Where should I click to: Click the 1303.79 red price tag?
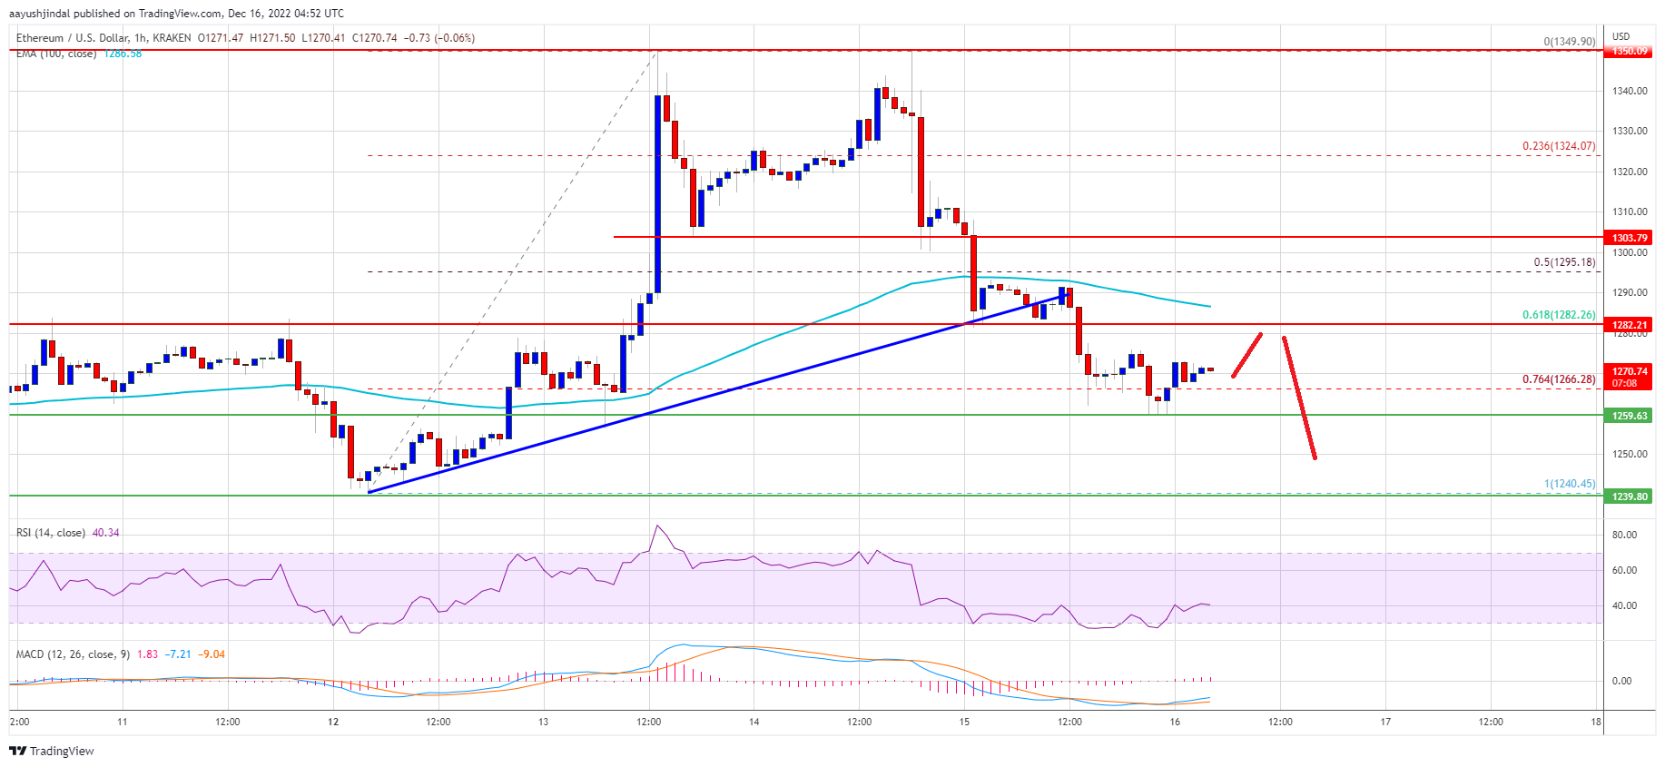[x=1630, y=238]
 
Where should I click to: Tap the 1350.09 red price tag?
[x=1630, y=51]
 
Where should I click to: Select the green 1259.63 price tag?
[x=1630, y=416]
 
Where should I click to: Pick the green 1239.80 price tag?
[x=1630, y=497]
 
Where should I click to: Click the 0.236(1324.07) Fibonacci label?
[x=1558, y=146]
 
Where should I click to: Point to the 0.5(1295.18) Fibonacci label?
[x=1563, y=262]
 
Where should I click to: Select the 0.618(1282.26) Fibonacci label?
[x=1558, y=315]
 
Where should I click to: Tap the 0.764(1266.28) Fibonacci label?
[x=1558, y=379]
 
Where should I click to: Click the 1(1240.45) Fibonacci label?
[x=1569, y=484]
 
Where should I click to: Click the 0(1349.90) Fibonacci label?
[x=1569, y=42]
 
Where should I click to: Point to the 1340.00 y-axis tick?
[x=1630, y=91]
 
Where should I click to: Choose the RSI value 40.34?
[x=105, y=533]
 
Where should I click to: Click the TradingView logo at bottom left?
[x=52, y=751]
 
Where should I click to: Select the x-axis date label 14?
[x=754, y=723]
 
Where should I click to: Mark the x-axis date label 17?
[x=1385, y=723]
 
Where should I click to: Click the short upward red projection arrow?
[x=1246, y=355]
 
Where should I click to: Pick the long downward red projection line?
[x=1299, y=398]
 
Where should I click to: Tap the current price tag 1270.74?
[x=1630, y=377]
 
